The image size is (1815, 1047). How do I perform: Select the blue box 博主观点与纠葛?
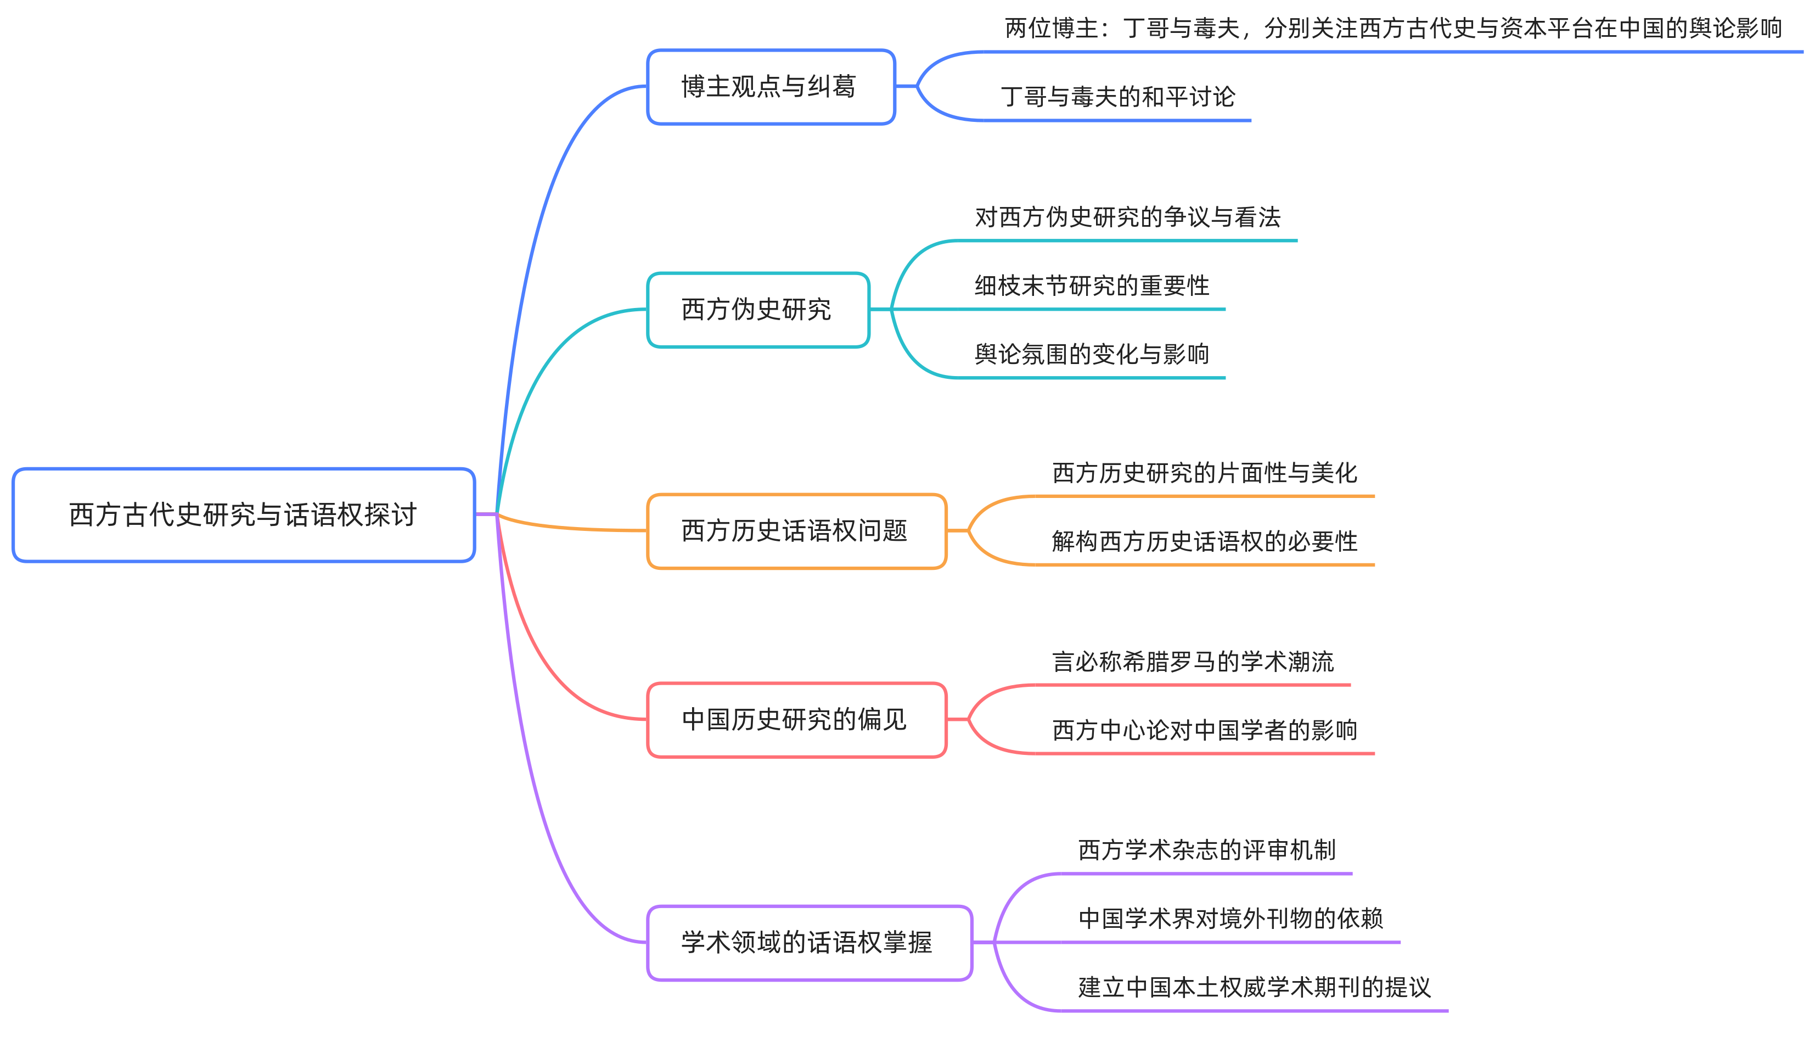771,87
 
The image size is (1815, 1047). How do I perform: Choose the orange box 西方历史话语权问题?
796,531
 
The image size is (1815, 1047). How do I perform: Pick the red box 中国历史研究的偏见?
796,720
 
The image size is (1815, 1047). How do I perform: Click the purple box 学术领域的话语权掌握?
808,943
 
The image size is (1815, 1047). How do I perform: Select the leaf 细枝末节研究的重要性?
1091,286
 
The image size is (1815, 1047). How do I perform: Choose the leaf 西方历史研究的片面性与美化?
1204,473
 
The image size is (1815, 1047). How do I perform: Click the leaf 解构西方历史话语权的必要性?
1204,541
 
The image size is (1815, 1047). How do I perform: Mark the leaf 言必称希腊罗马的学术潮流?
1193,662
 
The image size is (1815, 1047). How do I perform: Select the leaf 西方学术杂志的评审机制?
1206,850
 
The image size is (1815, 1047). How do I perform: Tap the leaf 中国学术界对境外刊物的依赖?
1230,919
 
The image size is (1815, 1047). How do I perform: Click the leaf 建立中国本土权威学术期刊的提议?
1254,987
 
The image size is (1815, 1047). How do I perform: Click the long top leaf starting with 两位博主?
1392,29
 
